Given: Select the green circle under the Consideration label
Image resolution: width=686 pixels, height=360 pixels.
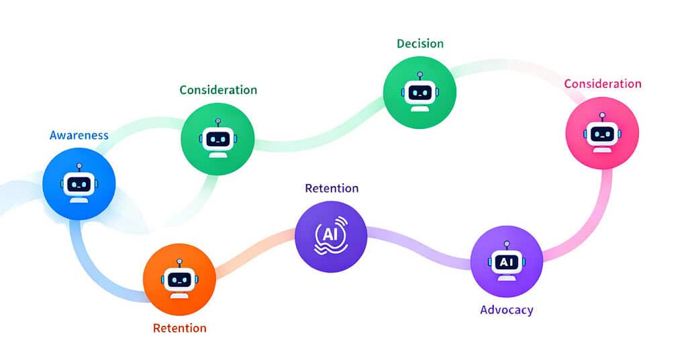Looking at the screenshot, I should (218, 139).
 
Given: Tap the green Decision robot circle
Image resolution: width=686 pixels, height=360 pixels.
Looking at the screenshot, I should (420, 92).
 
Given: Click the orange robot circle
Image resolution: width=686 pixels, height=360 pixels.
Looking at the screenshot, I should (179, 279).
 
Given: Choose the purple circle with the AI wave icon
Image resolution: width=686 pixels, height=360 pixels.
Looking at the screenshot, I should (331, 236).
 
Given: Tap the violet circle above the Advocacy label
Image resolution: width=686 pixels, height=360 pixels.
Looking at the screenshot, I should (506, 261).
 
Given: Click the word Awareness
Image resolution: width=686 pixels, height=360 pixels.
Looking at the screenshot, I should (79, 135).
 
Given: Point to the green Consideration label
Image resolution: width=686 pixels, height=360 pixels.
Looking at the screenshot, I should (217, 89).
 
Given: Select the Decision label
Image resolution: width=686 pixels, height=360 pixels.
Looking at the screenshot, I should (420, 44).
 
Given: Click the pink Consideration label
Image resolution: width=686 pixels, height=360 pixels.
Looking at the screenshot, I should (602, 84).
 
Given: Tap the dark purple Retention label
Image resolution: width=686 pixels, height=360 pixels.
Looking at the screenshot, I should (332, 188).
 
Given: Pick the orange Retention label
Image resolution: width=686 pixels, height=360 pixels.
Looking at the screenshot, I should (179, 328).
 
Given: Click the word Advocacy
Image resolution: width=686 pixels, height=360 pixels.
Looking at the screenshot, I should (507, 310).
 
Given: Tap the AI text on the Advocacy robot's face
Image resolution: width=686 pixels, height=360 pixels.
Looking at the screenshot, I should (506, 263).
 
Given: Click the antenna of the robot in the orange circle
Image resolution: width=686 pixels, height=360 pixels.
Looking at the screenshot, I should (179, 261).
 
